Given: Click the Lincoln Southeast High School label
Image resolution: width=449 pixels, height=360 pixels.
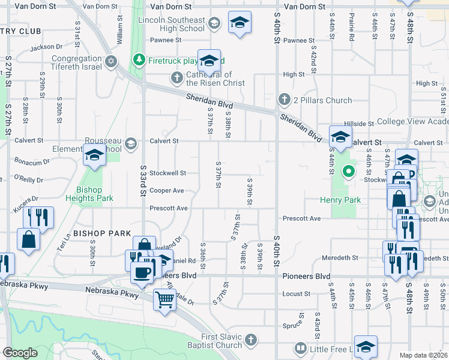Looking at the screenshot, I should (x=175, y=24).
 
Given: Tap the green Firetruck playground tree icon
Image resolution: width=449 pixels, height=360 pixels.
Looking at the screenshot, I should (x=139, y=60).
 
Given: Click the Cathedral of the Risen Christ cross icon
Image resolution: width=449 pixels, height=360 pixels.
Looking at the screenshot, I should (x=176, y=77).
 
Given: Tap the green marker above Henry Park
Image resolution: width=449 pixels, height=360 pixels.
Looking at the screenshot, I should (x=348, y=173).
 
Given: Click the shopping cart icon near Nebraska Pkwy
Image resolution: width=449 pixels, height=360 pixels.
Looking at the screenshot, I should (x=164, y=298).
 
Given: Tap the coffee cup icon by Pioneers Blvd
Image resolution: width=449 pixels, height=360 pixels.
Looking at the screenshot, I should (x=142, y=272).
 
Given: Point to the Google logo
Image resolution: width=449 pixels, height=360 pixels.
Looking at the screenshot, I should (x=20, y=353).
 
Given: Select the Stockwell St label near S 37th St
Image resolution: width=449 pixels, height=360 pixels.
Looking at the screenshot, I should (x=167, y=173).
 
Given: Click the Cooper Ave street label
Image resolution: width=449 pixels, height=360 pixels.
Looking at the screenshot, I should (x=166, y=191).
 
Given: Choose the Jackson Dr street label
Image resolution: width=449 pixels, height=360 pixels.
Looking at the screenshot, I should (x=46, y=46).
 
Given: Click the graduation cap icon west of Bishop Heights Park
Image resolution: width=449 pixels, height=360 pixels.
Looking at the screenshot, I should (x=94, y=155).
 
